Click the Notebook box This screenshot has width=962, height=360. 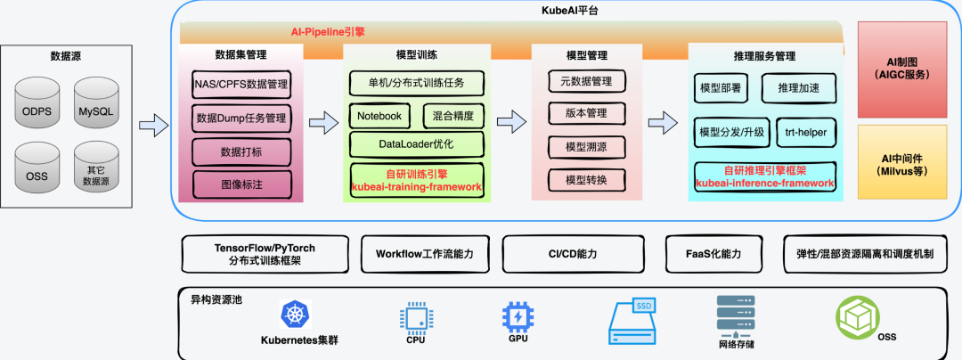[379, 116]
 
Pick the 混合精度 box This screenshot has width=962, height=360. [459, 116]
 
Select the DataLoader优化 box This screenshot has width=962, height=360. [417, 143]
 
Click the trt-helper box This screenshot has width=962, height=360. [806, 132]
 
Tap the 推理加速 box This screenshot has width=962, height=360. [799, 88]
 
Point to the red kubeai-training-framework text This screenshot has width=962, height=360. [417, 187]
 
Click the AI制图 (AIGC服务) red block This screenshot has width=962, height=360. [902, 70]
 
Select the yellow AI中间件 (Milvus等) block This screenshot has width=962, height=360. [902, 164]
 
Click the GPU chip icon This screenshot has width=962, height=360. [517, 317]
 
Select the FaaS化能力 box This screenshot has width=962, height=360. [716, 254]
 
